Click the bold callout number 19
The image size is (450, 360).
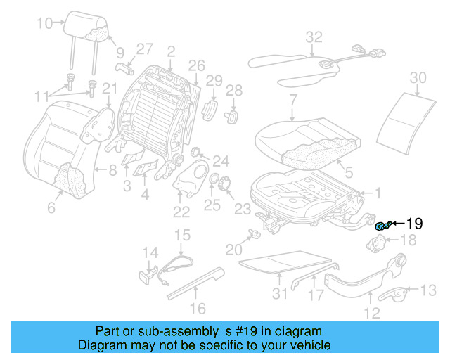tap(413, 224)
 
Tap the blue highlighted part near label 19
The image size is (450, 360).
tap(383, 225)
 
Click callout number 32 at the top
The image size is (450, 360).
tap(314, 37)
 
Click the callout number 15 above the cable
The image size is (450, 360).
tap(182, 235)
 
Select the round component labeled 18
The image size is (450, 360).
tap(379, 243)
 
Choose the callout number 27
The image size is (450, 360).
tap(144, 49)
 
